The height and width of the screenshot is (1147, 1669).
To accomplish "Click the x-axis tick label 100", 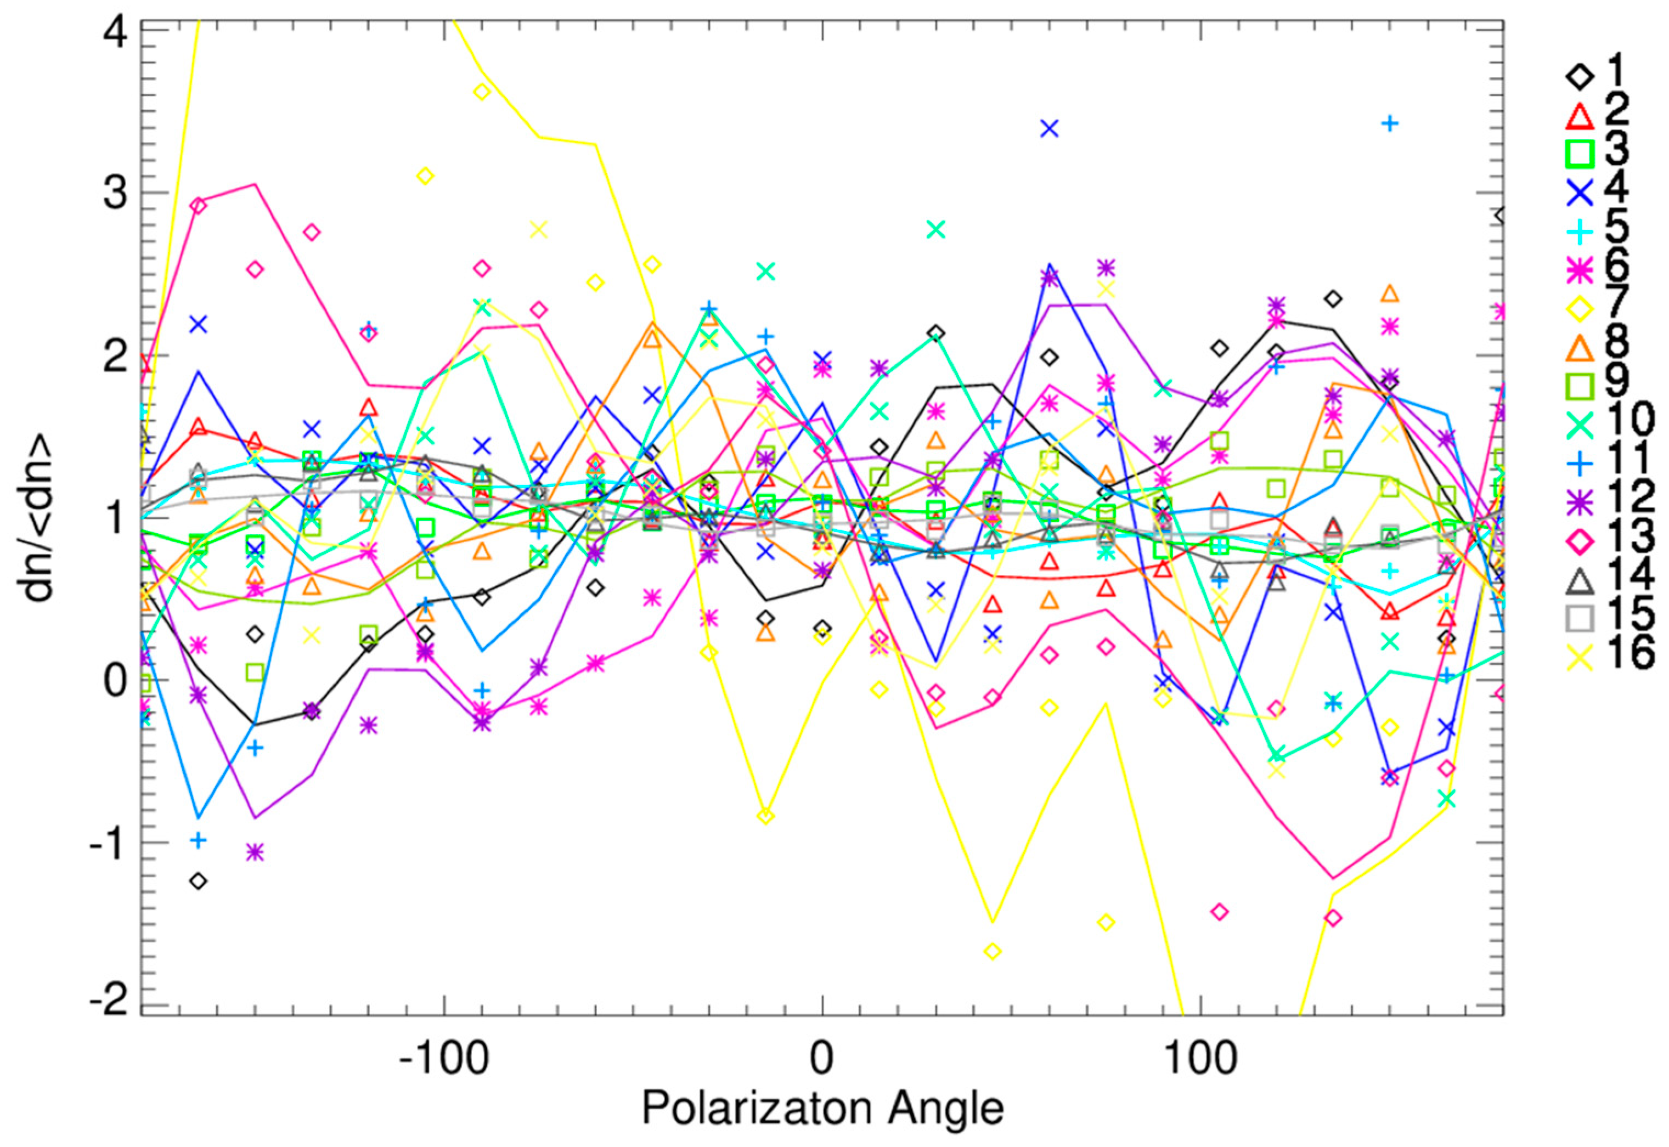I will pos(1201,1059).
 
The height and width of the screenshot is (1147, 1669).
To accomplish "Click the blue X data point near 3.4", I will pos(1050,129).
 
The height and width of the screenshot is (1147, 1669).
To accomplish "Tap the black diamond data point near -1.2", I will pos(199,881).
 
